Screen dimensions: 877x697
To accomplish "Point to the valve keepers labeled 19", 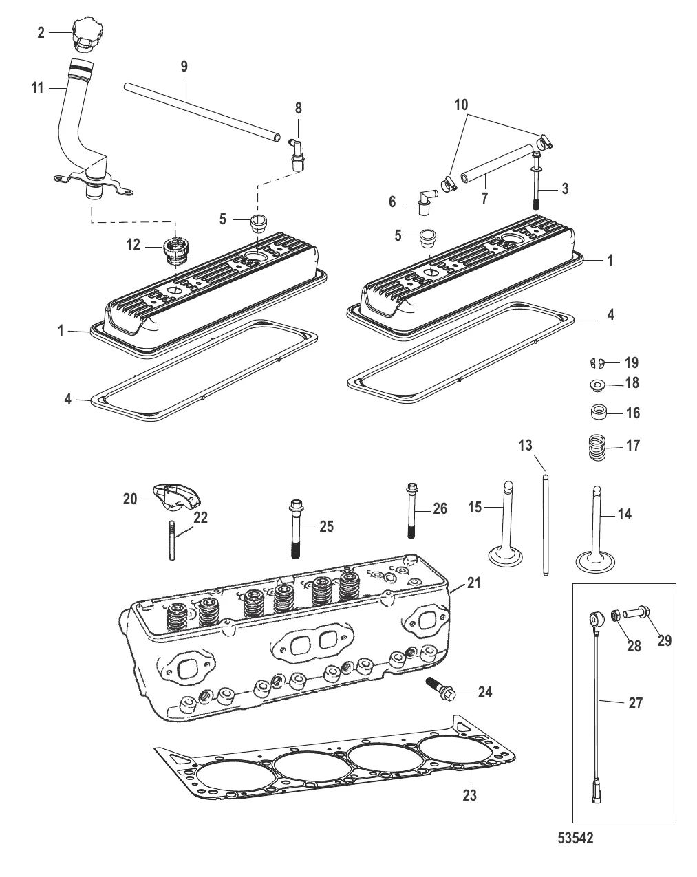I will (597, 362).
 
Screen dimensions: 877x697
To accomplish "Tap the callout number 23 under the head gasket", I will (470, 796).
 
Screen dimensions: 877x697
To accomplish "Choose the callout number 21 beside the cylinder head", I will (474, 583).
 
